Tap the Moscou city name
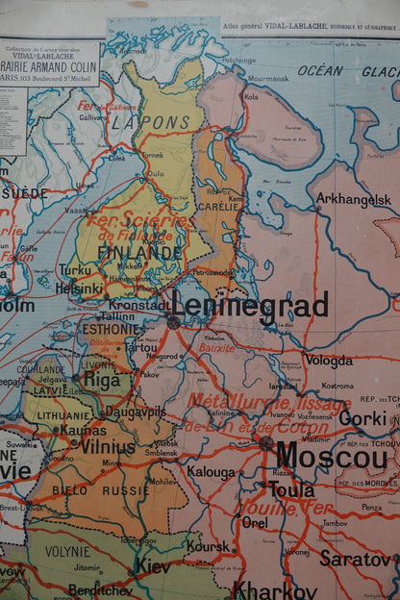point(331,456)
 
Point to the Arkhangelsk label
point(355,199)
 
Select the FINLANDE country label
point(138,253)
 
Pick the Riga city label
point(103,379)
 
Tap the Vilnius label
point(108,447)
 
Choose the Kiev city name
point(151,566)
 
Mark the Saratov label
point(355,558)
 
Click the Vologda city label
point(329,361)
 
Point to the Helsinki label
point(79,287)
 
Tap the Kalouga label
point(211,472)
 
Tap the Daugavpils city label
point(136,411)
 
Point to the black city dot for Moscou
point(265,442)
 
